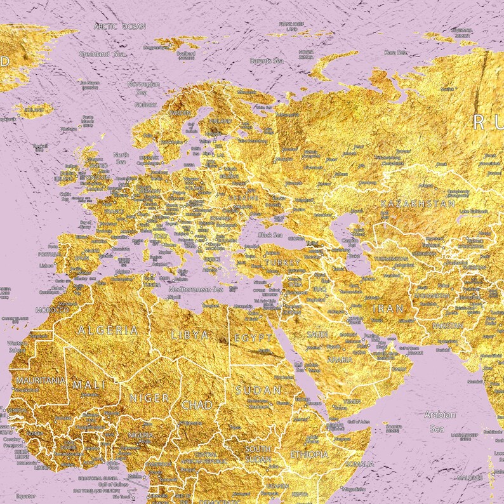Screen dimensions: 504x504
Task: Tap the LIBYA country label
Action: pyautogui.click(x=189, y=335)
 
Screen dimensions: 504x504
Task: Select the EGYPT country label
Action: pyautogui.click(x=249, y=338)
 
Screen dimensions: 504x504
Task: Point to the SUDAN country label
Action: pyautogui.click(x=252, y=390)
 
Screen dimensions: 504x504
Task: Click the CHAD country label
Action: pyautogui.click(x=197, y=404)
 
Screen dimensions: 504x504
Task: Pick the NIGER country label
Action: pyautogui.click(x=149, y=398)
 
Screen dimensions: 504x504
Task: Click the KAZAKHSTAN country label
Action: pyautogui.click(x=417, y=204)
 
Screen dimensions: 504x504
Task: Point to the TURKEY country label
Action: pyautogui.click(x=282, y=262)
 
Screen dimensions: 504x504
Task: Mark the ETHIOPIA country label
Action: pyautogui.click(x=309, y=454)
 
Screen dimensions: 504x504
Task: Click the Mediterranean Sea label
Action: pyautogui.click(x=196, y=289)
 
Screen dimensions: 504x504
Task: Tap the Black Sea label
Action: pyautogui.click(x=269, y=235)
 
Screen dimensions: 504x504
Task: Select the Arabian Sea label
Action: pyautogui.click(x=440, y=421)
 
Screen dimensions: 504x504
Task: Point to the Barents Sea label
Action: pyautogui.click(x=269, y=61)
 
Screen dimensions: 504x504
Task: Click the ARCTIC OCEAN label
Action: pyautogui.click(x=119, y=26)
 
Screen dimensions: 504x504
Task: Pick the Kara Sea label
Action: pyautogui.click(x=394, y=52)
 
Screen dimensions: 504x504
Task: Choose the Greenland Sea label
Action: pyautogui.click(x=102, y=55)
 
